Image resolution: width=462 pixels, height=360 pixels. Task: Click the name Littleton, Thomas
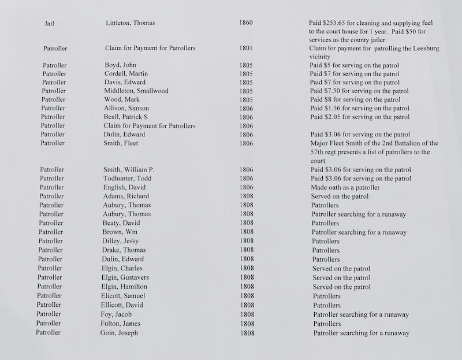(x=131, y=23)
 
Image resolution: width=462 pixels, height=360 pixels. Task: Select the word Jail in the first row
(x=50, y=24)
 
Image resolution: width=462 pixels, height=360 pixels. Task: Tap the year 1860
(x=245, y=23)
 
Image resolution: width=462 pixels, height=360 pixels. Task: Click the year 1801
(x=245, y=49)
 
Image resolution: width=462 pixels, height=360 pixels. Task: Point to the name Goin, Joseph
(x=120, y=333)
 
